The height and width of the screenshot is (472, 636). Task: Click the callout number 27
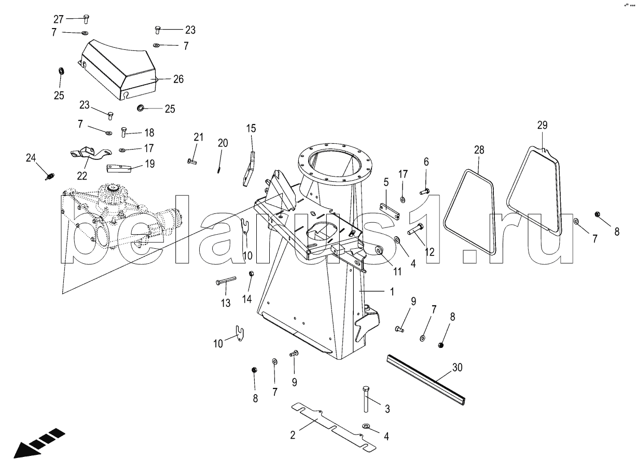58,19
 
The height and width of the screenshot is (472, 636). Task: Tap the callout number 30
457,368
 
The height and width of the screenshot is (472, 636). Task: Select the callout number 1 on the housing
392,292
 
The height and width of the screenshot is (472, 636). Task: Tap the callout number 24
32,158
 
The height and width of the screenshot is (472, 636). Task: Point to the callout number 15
251,128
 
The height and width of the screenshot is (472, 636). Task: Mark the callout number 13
226,304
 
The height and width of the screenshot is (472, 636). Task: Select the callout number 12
430,252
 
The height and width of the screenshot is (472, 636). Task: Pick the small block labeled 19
118,168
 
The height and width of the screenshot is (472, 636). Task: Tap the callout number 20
223,143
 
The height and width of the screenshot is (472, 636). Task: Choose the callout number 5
386,182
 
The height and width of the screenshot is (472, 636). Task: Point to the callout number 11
397,271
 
